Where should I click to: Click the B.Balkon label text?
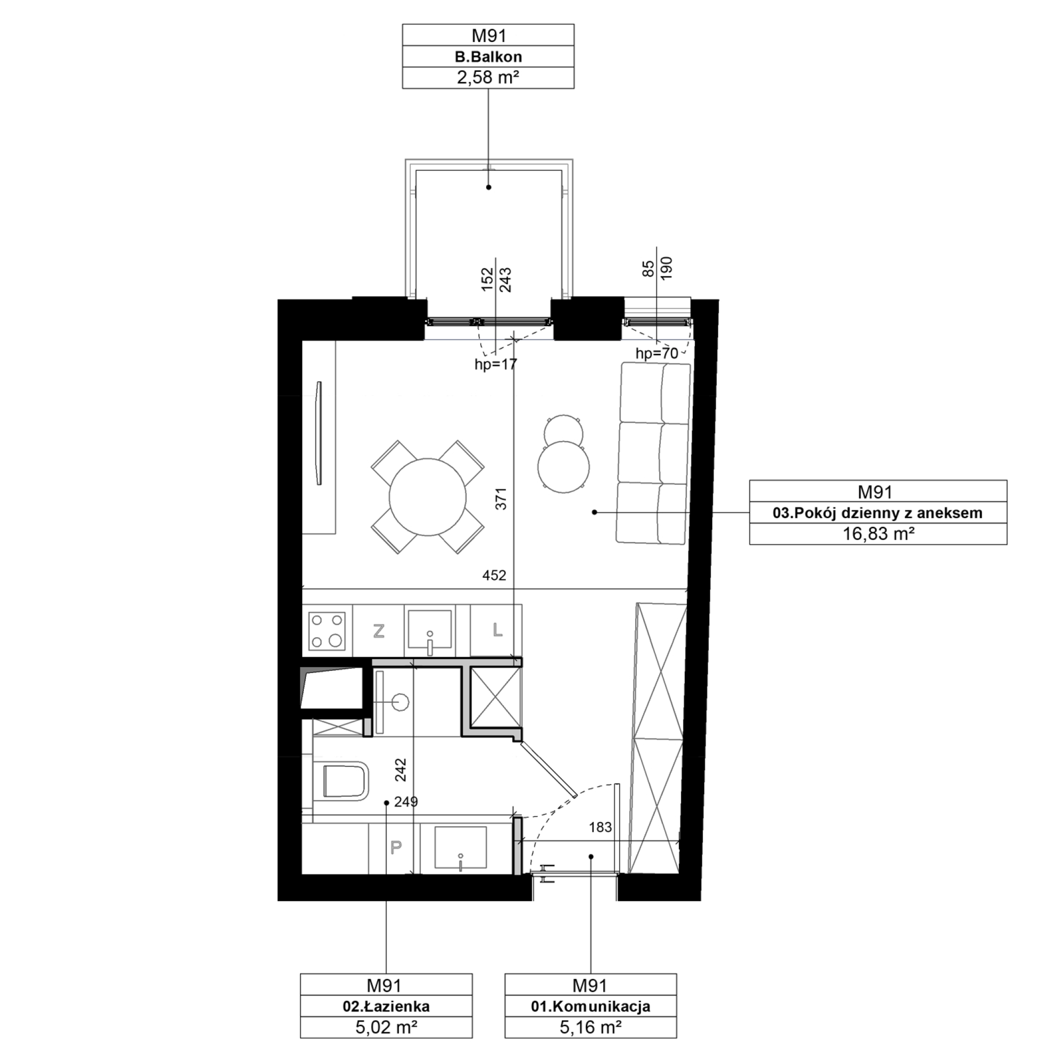488,57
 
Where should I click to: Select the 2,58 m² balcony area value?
488,78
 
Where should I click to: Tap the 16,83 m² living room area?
878,534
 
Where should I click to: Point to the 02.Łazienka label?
386,1006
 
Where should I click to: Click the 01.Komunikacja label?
591,1006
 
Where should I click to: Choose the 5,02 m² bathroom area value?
386,1027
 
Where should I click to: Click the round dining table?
427,497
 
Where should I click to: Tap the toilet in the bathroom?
341,780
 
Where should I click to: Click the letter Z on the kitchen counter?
378,631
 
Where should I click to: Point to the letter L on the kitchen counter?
497,630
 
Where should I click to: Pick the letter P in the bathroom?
395,847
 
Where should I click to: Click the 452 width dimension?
494,576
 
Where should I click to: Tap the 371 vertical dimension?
501,498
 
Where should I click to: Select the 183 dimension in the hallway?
600,827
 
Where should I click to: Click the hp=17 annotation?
496,364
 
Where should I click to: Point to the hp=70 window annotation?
657,354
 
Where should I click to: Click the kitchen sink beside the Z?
429,631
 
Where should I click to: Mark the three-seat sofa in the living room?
654,453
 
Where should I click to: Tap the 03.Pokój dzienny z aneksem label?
878,513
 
